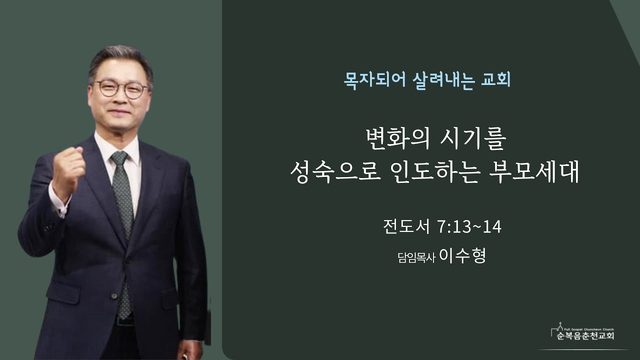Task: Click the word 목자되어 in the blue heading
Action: pyautogui.click(x=375, y=80)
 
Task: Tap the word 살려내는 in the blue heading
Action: pyautogui.click(x=444, y=80)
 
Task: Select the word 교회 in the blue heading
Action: pyautogui.click(x=496, y=80)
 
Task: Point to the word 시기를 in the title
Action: pyautogui.click(x=473, y=139)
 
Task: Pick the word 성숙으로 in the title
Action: pyautogui.click(x=335, y=172)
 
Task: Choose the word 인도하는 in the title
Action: pyautogui.click(x=434, y=172)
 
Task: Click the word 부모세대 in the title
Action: pyautogui.click(x=534, y=172)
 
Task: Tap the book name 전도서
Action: pyautogui.click(x=407, y=227)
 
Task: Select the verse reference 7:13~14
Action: pyautogui.click(x=469, y=227)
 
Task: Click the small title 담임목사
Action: pyautogui.click(x=416, y=258)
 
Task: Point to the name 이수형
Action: pyautogui.click(x=462, y=256)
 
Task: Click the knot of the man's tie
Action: pyautogui.click(x=119, y=158)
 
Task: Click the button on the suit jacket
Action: pyautogui.click(x=115, y=296)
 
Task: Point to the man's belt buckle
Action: pyautogui.click(x=124, y=321)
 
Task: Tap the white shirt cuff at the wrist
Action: pyautogui.click(x=58, y=202)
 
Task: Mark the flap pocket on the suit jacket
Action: pyautogui.click(x=63, y=293)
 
